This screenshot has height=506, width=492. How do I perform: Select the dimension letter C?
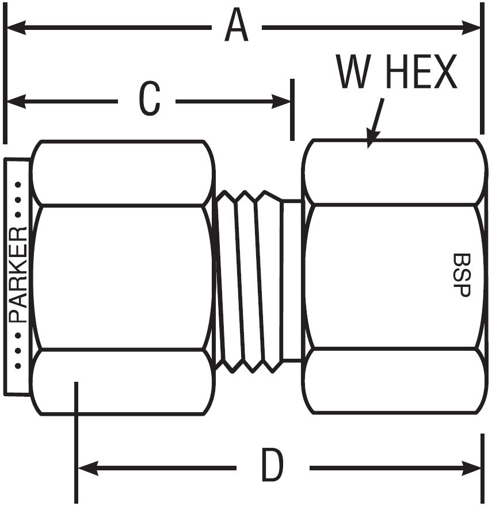(x=149, y=99)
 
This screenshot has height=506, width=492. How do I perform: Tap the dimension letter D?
(x=272, y=465)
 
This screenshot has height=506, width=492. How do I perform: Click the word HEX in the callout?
(x=421, y=73)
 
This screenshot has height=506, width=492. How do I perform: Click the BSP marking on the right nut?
(x=462, y=275)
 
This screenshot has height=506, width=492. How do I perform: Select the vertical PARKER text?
(x=19, y=275)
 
